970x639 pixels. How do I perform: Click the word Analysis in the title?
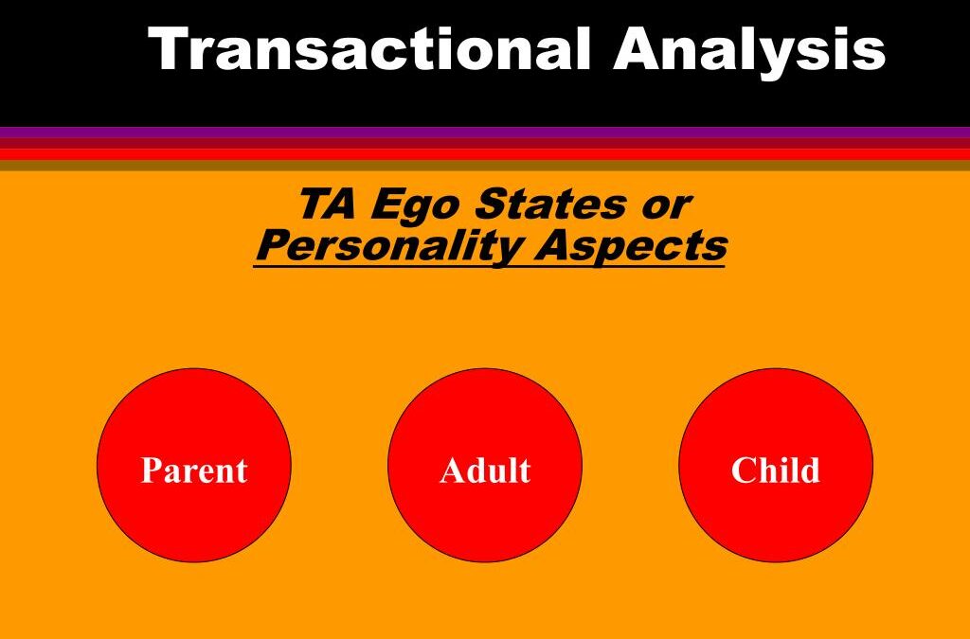tap(748, 49)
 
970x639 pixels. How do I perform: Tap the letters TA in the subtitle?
tap(328, 204)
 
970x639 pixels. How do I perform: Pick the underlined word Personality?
tap(388, 246)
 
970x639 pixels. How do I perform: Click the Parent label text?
tap(193, 470)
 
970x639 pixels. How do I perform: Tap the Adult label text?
tap(485, 470)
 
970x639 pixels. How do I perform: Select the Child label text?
tap(775, 470)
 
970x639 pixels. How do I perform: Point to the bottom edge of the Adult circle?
tap(485, 560)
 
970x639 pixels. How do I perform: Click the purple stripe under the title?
tap(485, 132)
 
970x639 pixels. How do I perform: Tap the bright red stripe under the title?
tap(485, 153)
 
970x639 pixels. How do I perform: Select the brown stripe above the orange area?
tap(485, 165)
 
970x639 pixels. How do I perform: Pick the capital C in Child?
tap(742, 470)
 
